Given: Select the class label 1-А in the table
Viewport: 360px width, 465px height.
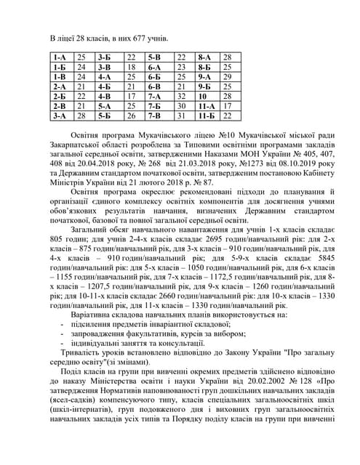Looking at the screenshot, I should [60, 56].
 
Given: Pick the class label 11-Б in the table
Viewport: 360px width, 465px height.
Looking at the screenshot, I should [207, 115].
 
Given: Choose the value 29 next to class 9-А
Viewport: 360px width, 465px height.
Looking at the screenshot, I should [227, 76].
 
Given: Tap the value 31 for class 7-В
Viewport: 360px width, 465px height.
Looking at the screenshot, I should [182, 115].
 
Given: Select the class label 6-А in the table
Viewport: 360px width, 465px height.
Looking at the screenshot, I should [154, 66].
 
